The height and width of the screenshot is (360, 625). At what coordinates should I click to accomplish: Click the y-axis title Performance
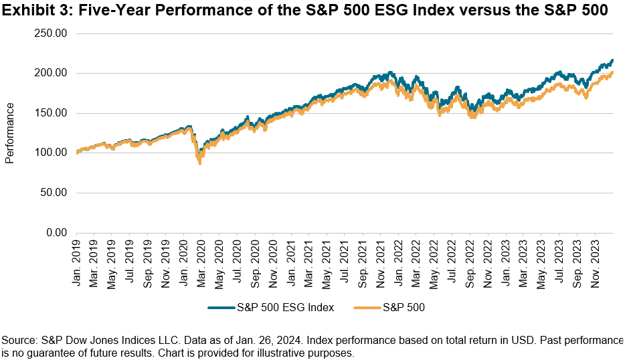coord(9,132)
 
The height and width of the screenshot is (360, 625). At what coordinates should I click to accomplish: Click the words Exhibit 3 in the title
coord(31,9)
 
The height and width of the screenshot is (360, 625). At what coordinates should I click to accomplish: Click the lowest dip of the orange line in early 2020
coord(199,163)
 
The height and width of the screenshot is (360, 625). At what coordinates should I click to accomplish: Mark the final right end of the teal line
coord(612,60)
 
